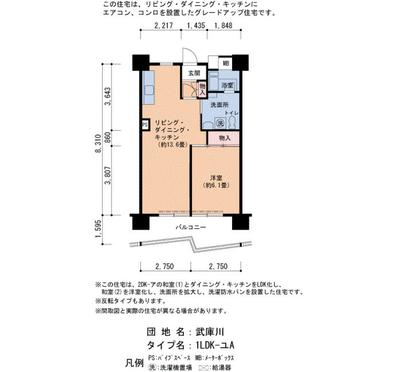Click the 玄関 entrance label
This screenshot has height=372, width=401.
point(194,73)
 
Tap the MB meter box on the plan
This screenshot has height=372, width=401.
point(226,63)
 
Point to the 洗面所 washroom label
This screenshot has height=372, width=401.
point(219,105)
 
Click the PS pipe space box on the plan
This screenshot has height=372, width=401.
point(145,125)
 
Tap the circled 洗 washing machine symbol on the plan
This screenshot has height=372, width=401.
point(220,124)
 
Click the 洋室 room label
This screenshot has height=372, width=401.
point(216,178)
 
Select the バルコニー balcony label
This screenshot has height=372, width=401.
point(191,227)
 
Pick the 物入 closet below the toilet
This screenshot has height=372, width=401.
point(225,138)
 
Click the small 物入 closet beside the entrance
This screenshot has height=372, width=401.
point(202,89)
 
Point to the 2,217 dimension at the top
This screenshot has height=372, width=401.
point(164,25)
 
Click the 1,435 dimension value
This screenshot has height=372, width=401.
point(196,25)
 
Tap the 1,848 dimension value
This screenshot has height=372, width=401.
point(223,25)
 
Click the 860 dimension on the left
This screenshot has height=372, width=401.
point(108,137)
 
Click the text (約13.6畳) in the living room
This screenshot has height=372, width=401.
point(172,145)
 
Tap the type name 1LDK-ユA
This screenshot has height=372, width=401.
point(215,346)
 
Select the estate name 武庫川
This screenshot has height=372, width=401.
point(210,332)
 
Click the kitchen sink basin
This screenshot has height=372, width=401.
point(148,90)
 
